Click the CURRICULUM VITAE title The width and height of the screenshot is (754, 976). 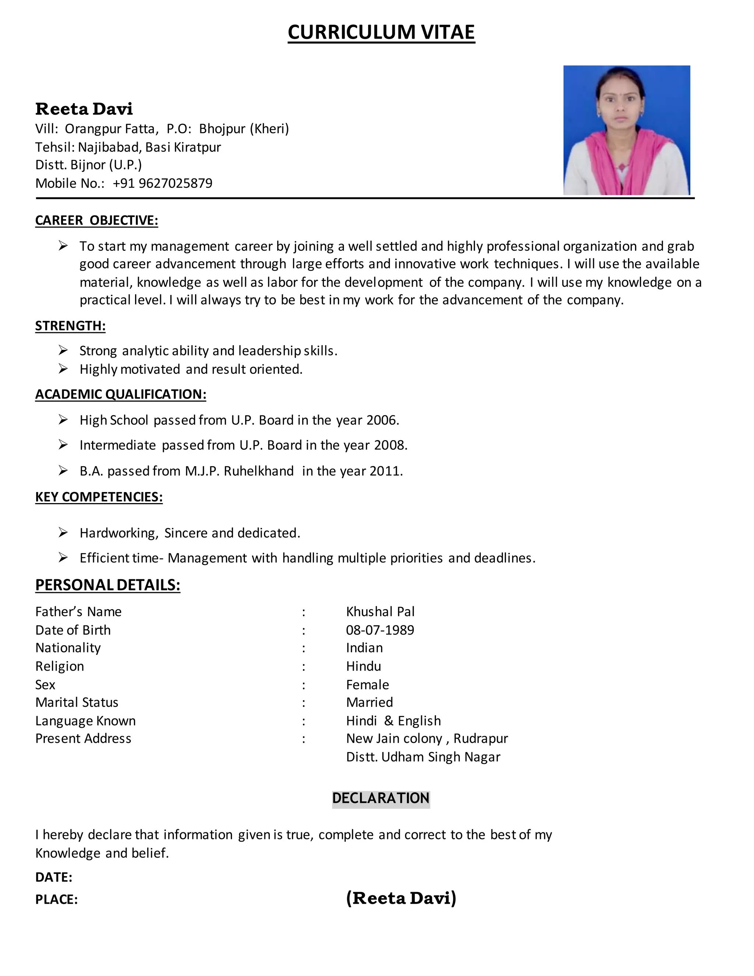point(381,32)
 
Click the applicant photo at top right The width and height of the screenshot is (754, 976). point(626,130)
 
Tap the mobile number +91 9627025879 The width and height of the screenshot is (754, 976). point(163,183)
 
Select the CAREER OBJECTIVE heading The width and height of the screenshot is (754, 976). point(96,220)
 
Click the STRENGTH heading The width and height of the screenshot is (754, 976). point(70,326)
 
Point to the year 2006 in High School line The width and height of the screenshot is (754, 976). point(382,420)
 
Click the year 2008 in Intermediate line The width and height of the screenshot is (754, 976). point(390,445)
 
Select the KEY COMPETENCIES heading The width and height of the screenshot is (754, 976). point(99,497)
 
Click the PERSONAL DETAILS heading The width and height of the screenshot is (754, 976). point(108,585)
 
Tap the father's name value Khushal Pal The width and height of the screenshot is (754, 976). point(380,611)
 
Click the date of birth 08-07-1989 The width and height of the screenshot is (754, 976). point(380,630)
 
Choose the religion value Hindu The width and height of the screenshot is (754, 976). point(363,666)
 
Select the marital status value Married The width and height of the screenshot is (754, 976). point(369,702)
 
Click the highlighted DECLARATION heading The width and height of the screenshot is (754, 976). point(381,798)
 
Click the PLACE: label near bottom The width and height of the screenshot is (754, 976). point(56,900)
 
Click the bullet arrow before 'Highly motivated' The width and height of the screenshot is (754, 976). point(63,369)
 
